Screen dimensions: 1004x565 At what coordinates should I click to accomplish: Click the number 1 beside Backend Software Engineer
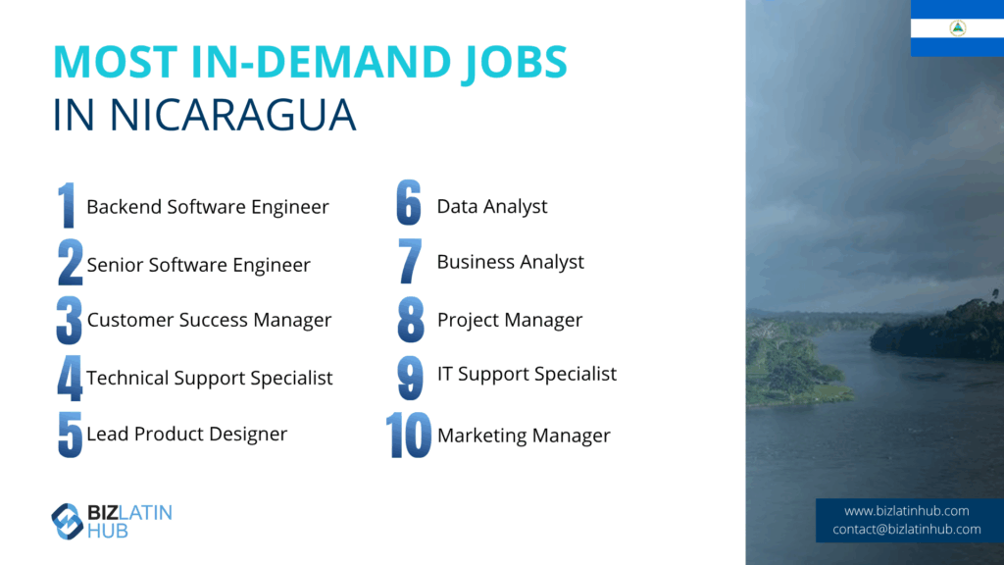[x=67, y=205]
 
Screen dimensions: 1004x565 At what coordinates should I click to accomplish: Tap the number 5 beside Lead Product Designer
[x=70, y=435]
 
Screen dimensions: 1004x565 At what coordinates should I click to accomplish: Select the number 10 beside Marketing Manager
[x=409, y=435]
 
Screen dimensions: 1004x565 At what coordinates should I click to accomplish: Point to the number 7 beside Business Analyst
[x=410, y=261]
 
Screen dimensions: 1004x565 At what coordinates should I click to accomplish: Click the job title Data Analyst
[x=492, y=206]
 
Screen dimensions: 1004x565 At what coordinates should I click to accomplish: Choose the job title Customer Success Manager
[x=209, y=320]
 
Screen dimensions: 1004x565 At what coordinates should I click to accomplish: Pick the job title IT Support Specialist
[x=527, y=374]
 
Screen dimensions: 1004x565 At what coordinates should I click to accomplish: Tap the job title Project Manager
[x=510, y=320]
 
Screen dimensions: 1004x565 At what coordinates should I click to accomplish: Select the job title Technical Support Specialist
[x=210, y=378]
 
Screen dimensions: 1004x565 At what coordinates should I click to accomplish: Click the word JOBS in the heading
[x=514, y=63]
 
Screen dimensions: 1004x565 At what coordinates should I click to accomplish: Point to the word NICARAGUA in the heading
[x=232, y=116]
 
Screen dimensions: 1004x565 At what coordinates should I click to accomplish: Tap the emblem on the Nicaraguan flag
[x=958, y=27]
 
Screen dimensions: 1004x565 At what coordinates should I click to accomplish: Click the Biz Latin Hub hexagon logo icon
[x=68, y=522]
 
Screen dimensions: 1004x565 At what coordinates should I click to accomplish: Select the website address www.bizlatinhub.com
[x=906, y=511]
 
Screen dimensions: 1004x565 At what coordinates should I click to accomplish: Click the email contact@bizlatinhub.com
[x=906, y=529]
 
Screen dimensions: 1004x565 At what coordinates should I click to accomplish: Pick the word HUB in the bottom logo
[x=108, y=531]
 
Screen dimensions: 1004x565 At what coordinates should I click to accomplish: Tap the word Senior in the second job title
[x=116, y=265]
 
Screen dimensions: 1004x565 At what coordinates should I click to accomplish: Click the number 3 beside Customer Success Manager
[x=70, y=321]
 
